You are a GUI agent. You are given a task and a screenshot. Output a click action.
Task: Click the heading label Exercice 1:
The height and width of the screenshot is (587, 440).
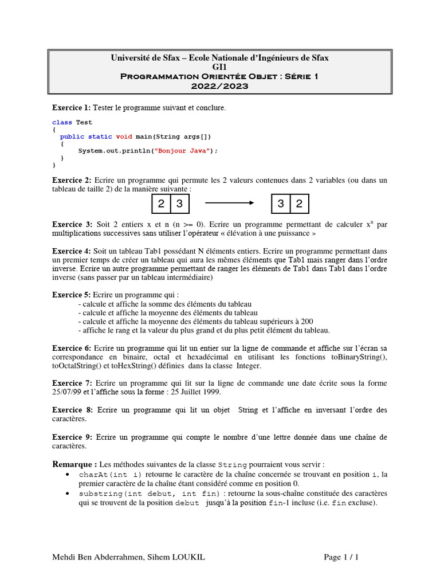[x=71, y=108]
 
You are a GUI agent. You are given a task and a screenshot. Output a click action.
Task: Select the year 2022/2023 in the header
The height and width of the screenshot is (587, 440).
[x=219, y=86]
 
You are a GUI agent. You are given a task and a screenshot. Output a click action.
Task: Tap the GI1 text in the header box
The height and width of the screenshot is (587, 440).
[x=219, y=67]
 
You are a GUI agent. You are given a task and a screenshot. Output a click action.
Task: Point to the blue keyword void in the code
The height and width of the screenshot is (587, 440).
[x=124, y=136]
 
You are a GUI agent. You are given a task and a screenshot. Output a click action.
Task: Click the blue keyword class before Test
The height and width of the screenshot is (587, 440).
[x=62, y=122]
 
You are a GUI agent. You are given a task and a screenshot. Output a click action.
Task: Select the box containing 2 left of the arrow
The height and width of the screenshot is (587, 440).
[x=162, y=204]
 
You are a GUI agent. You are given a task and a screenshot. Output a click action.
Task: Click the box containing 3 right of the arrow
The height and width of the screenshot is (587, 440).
[x=281, y=204]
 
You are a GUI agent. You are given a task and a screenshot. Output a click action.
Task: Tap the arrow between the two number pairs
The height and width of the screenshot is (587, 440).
[x=229, y=203]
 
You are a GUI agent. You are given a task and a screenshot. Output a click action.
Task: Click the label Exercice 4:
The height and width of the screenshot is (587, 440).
[x=71, y=251]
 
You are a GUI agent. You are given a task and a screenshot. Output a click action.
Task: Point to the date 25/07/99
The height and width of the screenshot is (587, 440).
[x=67, y=392]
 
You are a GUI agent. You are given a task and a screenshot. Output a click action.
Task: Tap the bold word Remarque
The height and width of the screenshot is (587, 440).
[x=74, y=464]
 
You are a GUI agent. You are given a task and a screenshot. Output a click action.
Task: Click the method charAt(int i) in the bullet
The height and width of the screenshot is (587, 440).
[x=111, y=474]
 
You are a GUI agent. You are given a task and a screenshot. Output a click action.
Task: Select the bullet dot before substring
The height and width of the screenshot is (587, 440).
[x=68, y=494]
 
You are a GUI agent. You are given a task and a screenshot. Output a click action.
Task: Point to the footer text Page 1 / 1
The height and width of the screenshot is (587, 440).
[x=341, y=557]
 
